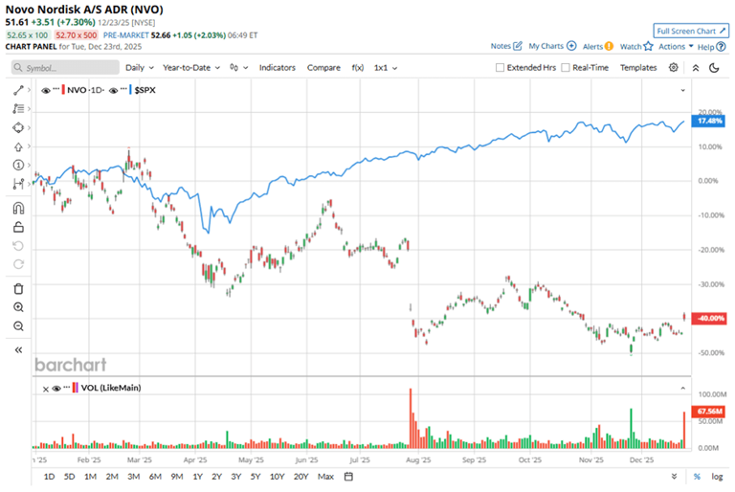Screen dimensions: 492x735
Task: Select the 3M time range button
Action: coord(132,476)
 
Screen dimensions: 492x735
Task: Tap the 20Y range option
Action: coord(301,476)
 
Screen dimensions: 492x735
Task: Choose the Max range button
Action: coord(326,476)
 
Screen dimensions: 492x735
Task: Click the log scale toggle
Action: coord(717,476)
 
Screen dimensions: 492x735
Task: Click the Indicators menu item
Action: coord(278,68)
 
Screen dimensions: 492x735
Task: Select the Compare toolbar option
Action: coord(323,68)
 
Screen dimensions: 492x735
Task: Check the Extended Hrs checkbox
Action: coord(501,68)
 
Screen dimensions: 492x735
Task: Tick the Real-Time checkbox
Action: coord(567,68)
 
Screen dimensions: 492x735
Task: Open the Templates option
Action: coord(638,68)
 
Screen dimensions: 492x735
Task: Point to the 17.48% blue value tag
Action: coord(709,122)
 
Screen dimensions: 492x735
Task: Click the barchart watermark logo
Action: coord(71,365)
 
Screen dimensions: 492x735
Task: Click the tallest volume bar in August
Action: coord(411,417)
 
